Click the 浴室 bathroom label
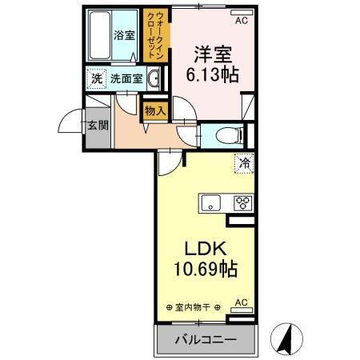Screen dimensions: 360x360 123,35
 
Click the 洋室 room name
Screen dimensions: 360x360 212,55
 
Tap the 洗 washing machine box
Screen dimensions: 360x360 96,79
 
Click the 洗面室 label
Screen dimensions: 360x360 126,79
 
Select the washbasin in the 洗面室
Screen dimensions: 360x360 154,79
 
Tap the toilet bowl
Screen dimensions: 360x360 226,134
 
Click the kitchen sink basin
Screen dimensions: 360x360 212,202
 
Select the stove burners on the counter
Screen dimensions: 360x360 242,202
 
